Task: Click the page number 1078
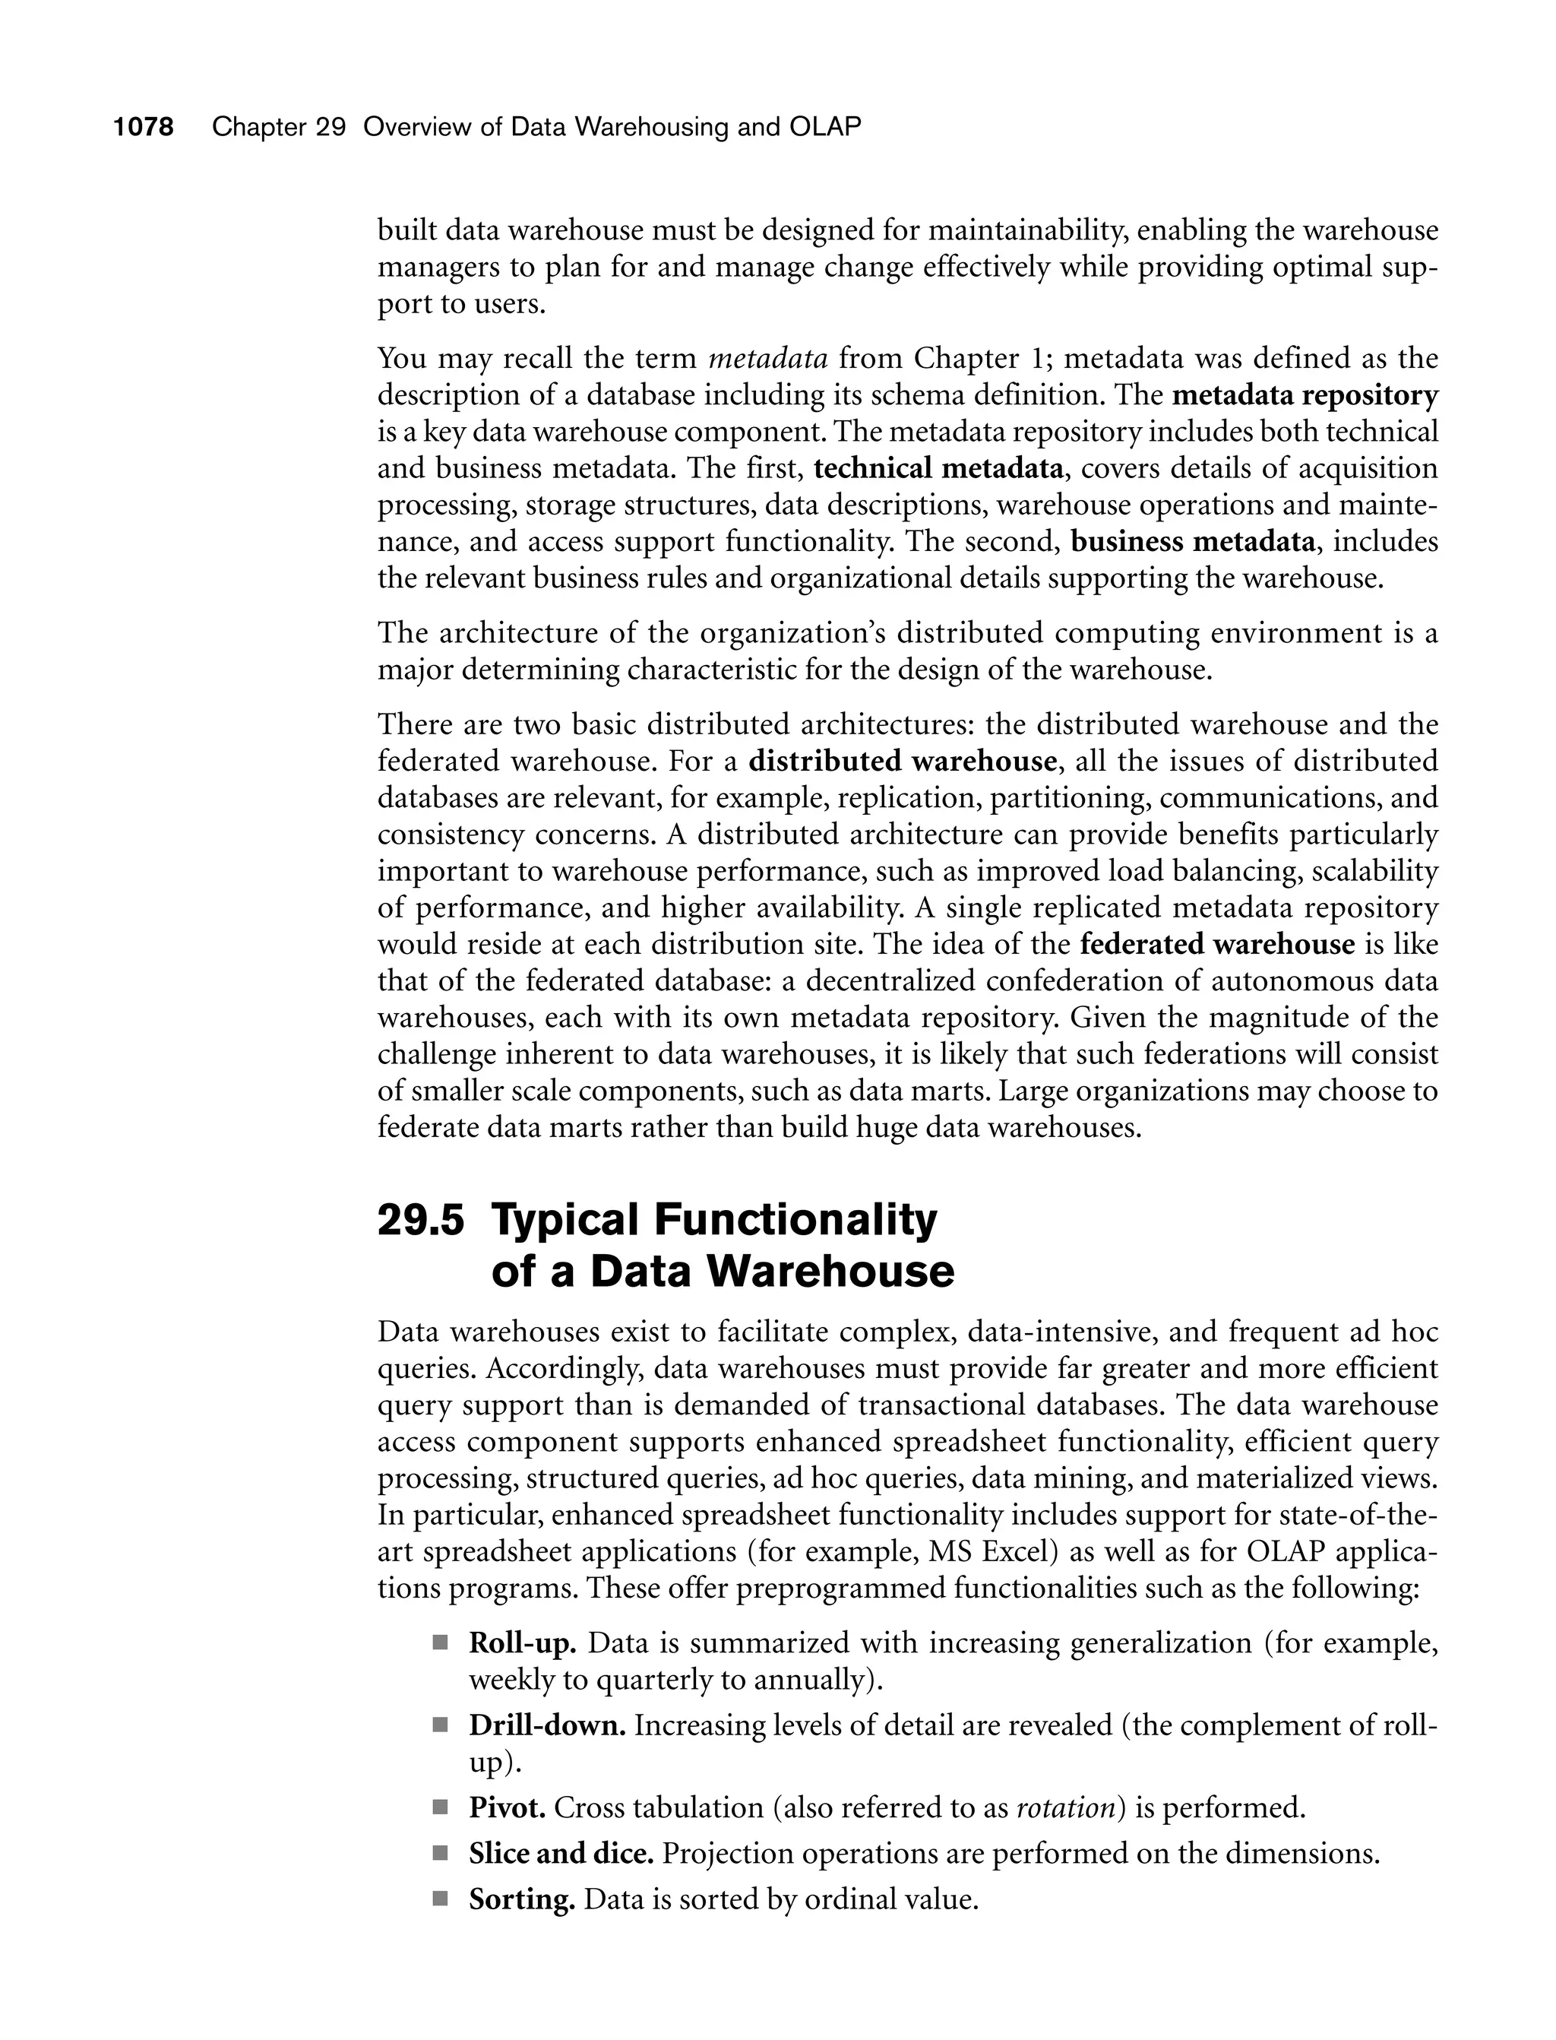[144, 127]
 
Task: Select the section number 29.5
[420, 1220]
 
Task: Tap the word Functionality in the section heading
[795, 1220]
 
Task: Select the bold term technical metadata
[938, 469]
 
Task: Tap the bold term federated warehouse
[1217, 945]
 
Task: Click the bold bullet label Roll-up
[523, 1643]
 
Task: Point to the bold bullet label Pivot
[507, 1808]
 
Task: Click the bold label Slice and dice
[561, 1854]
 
